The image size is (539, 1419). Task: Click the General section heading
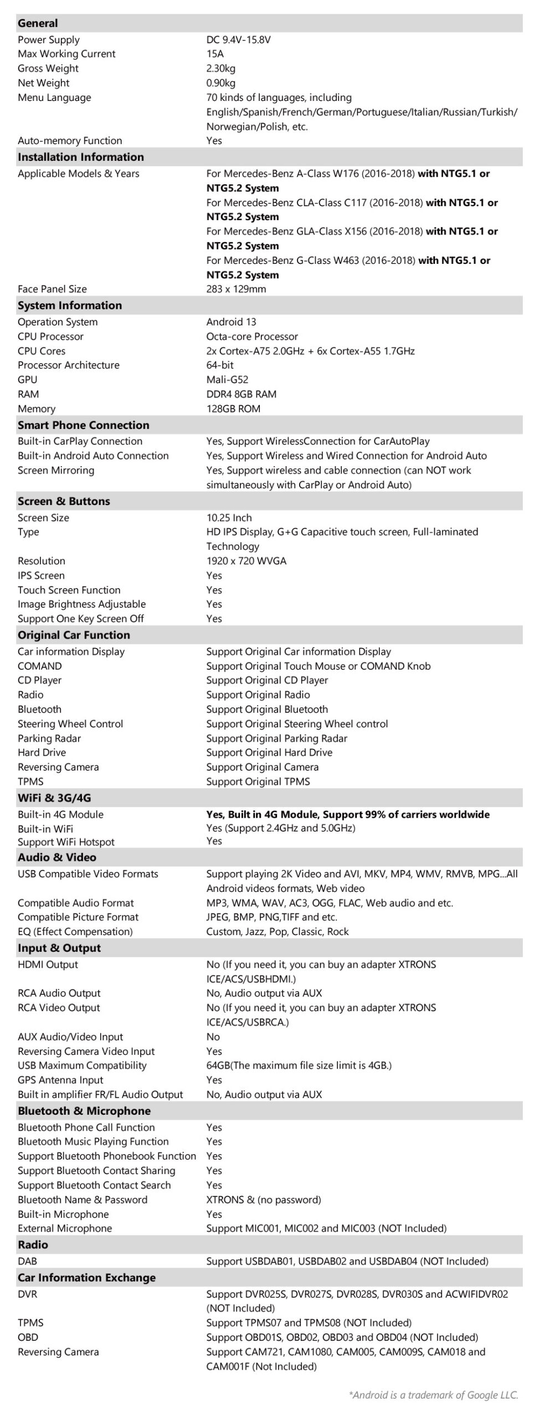(x=38, y=23)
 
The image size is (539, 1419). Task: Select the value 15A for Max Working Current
(x=215, y=54)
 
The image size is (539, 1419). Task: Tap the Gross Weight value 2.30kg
(x=220, y=68)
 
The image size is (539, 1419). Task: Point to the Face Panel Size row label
(x=52, y=289)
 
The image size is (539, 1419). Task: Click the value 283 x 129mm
(x=236, y=289)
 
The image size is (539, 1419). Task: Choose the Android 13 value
(x=231, y=322)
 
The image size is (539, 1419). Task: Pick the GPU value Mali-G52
(x=227, y=380)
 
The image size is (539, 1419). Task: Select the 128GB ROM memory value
(x=233, y=409)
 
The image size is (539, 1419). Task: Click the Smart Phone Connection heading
(x=83, y=425)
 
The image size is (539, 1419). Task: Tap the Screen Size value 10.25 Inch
(x=229, y=518)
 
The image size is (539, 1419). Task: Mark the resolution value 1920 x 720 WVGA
(x=247, y=561)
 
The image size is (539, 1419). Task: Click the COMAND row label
(x=40, y=666)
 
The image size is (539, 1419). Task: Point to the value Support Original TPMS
(x=258, y=782)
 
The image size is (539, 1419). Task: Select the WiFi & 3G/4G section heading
(x=54, y=798)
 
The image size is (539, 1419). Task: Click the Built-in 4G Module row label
(x=60, y=814)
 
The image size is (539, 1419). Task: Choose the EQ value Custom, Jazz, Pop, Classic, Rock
(x=278, y=932)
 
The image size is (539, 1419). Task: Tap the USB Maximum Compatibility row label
(x=82, y=1065)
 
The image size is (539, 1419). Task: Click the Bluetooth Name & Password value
(x=264, y=1199)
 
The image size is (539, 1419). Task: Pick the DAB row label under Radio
(x=27, y=1261)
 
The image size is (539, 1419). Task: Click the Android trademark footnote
(x=433, y=1395)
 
